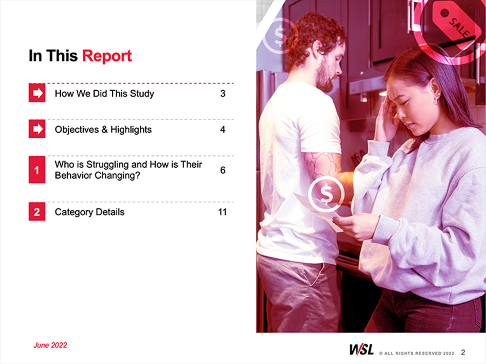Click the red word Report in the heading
click(107, 56)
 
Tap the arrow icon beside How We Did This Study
click(37, 93)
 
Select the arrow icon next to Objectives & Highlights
click(37, 129)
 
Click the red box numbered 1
click(37, 170)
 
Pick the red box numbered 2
click(37, 212)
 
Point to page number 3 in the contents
click(223, 94)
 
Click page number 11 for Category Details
click(222, 212)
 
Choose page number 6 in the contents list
click(223, 170)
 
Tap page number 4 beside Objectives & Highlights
click(223, 129)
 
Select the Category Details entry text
click(90, 212)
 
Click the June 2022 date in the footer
click(50, 345)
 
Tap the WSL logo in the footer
click(361, 350)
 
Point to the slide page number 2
click(463, 352)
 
